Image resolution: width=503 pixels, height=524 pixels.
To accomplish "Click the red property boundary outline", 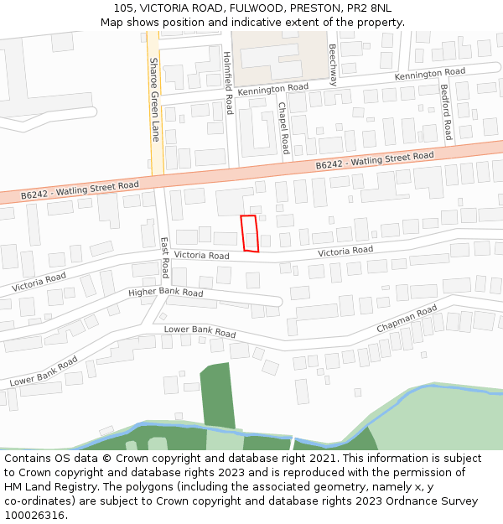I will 249,233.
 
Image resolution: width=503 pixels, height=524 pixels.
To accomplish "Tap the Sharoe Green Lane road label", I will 154,99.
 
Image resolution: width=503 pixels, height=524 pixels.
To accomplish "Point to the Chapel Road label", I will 283,127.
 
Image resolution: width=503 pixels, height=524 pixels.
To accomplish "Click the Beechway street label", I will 333,65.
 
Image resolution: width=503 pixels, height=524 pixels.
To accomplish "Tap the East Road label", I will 165,257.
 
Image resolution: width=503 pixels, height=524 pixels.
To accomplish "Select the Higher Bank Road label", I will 166,293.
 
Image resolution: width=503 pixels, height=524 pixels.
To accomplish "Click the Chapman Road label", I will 407,319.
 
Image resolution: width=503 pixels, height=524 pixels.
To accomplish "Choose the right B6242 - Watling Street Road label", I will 375,160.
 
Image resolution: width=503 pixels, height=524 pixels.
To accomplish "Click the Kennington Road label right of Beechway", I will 429,75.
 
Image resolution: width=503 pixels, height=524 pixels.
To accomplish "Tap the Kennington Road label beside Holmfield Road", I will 272,88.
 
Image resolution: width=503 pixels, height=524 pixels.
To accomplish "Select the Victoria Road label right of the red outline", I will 345,251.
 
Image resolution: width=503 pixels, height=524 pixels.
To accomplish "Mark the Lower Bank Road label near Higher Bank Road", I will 200,330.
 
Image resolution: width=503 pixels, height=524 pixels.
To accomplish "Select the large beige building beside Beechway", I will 278,52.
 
